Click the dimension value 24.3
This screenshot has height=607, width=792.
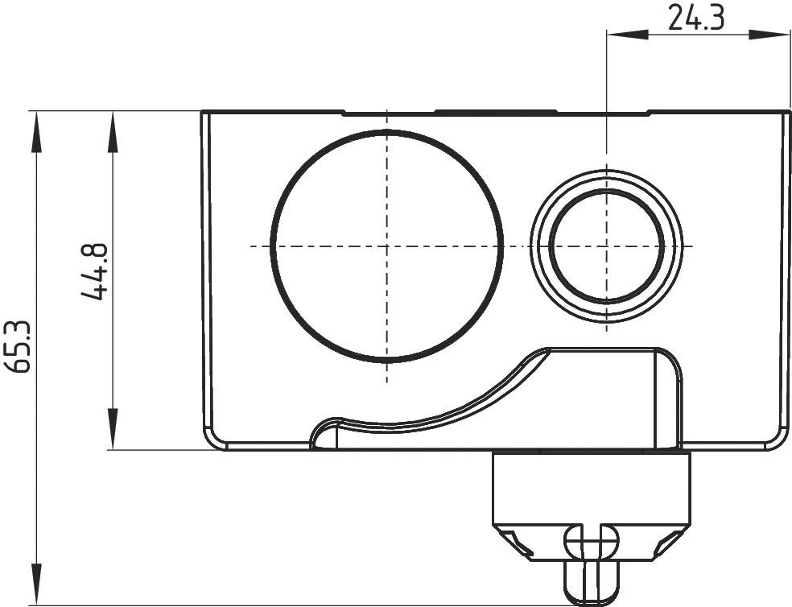[x=696, y=17]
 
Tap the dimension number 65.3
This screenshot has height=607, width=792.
[x=19, y=346]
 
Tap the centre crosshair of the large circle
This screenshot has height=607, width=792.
[x=387, y=246]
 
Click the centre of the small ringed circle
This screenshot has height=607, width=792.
[x=606, y=246]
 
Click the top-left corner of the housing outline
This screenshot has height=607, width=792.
[x=202, y=112]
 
